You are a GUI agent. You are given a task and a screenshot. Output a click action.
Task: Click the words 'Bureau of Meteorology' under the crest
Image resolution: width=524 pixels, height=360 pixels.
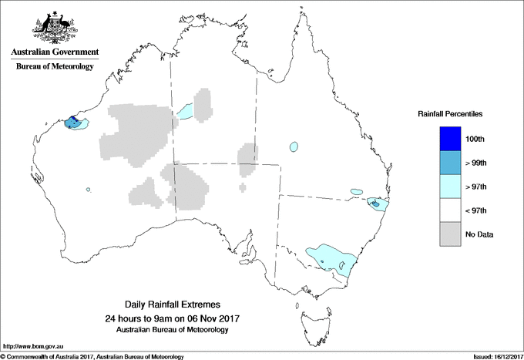click(x=55, y=66)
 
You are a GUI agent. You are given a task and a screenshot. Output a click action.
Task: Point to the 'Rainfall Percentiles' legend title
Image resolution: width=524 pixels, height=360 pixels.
click(x=450, y=114)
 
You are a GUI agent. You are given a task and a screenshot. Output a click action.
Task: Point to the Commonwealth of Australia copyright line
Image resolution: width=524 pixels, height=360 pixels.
click(x=92, y=355)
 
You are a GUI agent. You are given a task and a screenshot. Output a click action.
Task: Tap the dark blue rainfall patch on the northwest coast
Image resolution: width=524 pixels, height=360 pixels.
click(x=72, y=122)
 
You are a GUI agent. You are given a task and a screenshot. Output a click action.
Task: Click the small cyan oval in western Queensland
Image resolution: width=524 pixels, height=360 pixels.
click(x=294, y=146)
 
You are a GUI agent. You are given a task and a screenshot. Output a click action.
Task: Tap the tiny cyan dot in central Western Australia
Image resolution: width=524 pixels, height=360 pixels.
click(x=89, y=190)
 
